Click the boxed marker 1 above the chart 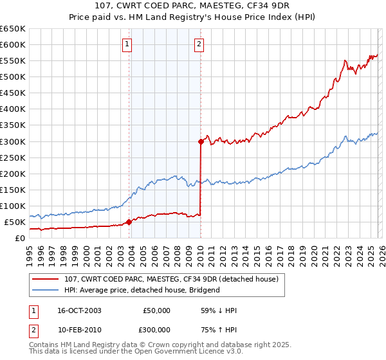(128, 44)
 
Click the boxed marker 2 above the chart (199, 44)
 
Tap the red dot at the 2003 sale (129, 222)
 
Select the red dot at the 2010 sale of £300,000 (201, 141)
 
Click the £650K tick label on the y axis (13, 29)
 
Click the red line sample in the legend (46, 279)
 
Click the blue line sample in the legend (46, 290)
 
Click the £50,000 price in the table (156, 310)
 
